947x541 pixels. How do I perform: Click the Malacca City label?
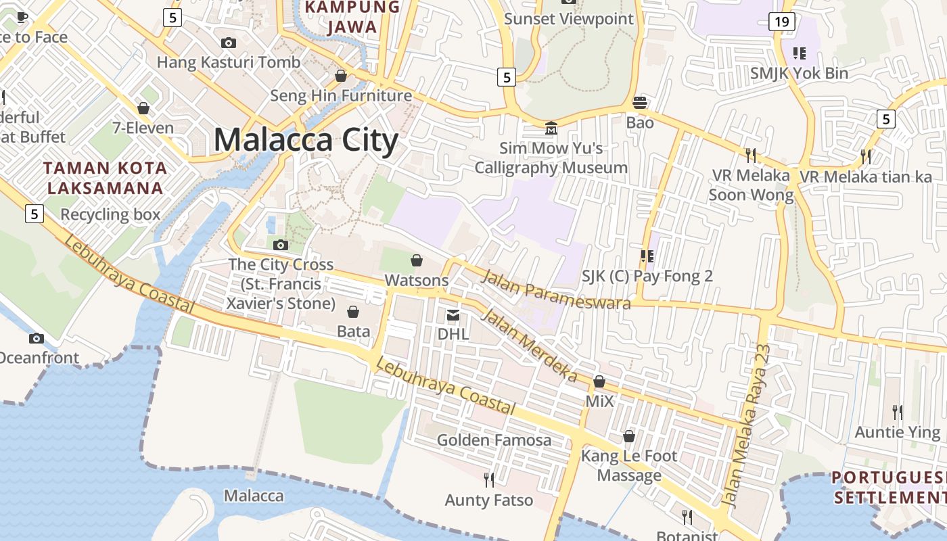306,140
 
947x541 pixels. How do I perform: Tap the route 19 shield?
781,22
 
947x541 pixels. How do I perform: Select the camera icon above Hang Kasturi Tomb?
229,43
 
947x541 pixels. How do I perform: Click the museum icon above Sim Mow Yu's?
551,128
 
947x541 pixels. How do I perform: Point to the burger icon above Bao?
639,103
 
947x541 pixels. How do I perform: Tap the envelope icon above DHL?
453,314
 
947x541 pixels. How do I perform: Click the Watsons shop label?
417,280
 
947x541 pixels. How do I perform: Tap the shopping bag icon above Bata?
353,312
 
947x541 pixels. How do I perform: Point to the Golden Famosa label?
494,440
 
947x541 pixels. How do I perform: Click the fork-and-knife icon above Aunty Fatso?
489,480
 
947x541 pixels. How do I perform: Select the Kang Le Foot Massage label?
629,465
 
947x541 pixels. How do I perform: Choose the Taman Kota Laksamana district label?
104,178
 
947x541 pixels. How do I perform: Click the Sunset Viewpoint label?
569,19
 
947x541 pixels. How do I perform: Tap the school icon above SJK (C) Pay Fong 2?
647,256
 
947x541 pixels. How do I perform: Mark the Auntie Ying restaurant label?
898,432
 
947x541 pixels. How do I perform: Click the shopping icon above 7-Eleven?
143,108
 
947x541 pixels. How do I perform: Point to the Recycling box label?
110,215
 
